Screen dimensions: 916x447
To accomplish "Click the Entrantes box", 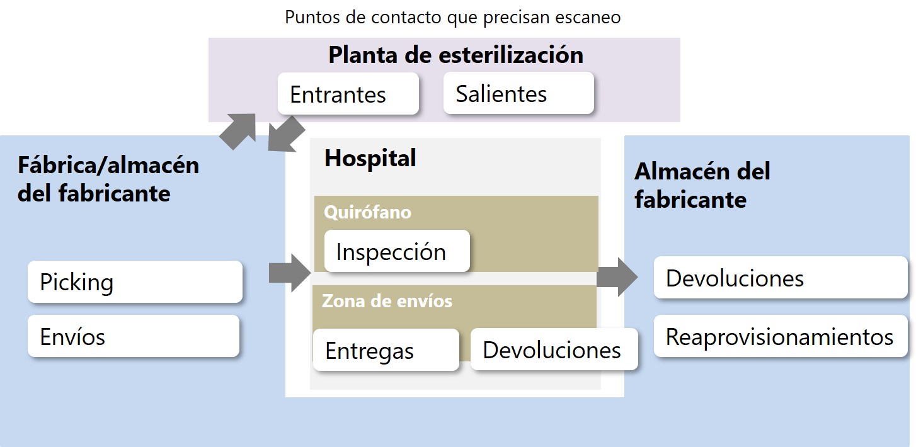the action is tap(348, 94).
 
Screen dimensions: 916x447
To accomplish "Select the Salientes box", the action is tap(518, 93).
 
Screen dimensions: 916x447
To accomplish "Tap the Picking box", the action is tap(135, 282).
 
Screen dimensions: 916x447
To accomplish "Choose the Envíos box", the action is tap(134, 336).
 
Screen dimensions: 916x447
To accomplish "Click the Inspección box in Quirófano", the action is tap(397, 251).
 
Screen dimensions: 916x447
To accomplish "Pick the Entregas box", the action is tap(386, 350).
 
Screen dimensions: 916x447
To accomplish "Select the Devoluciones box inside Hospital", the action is tap(554, 349).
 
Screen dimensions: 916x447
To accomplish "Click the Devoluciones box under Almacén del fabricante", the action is tap(781, 278).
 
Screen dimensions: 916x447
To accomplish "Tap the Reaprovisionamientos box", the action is tap(781, 336).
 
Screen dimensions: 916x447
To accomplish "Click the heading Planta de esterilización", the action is tap(455, 55).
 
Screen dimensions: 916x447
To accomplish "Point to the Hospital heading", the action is tap(370, 158).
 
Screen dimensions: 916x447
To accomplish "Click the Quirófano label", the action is tap(368, 212).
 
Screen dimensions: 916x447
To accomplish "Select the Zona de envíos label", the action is tap(387, 301).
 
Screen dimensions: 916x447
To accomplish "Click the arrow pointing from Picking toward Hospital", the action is tap(290, 273).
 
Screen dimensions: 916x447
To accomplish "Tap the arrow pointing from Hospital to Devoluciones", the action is tap(617, 277).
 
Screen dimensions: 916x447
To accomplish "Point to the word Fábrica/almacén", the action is tap(108, 166).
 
